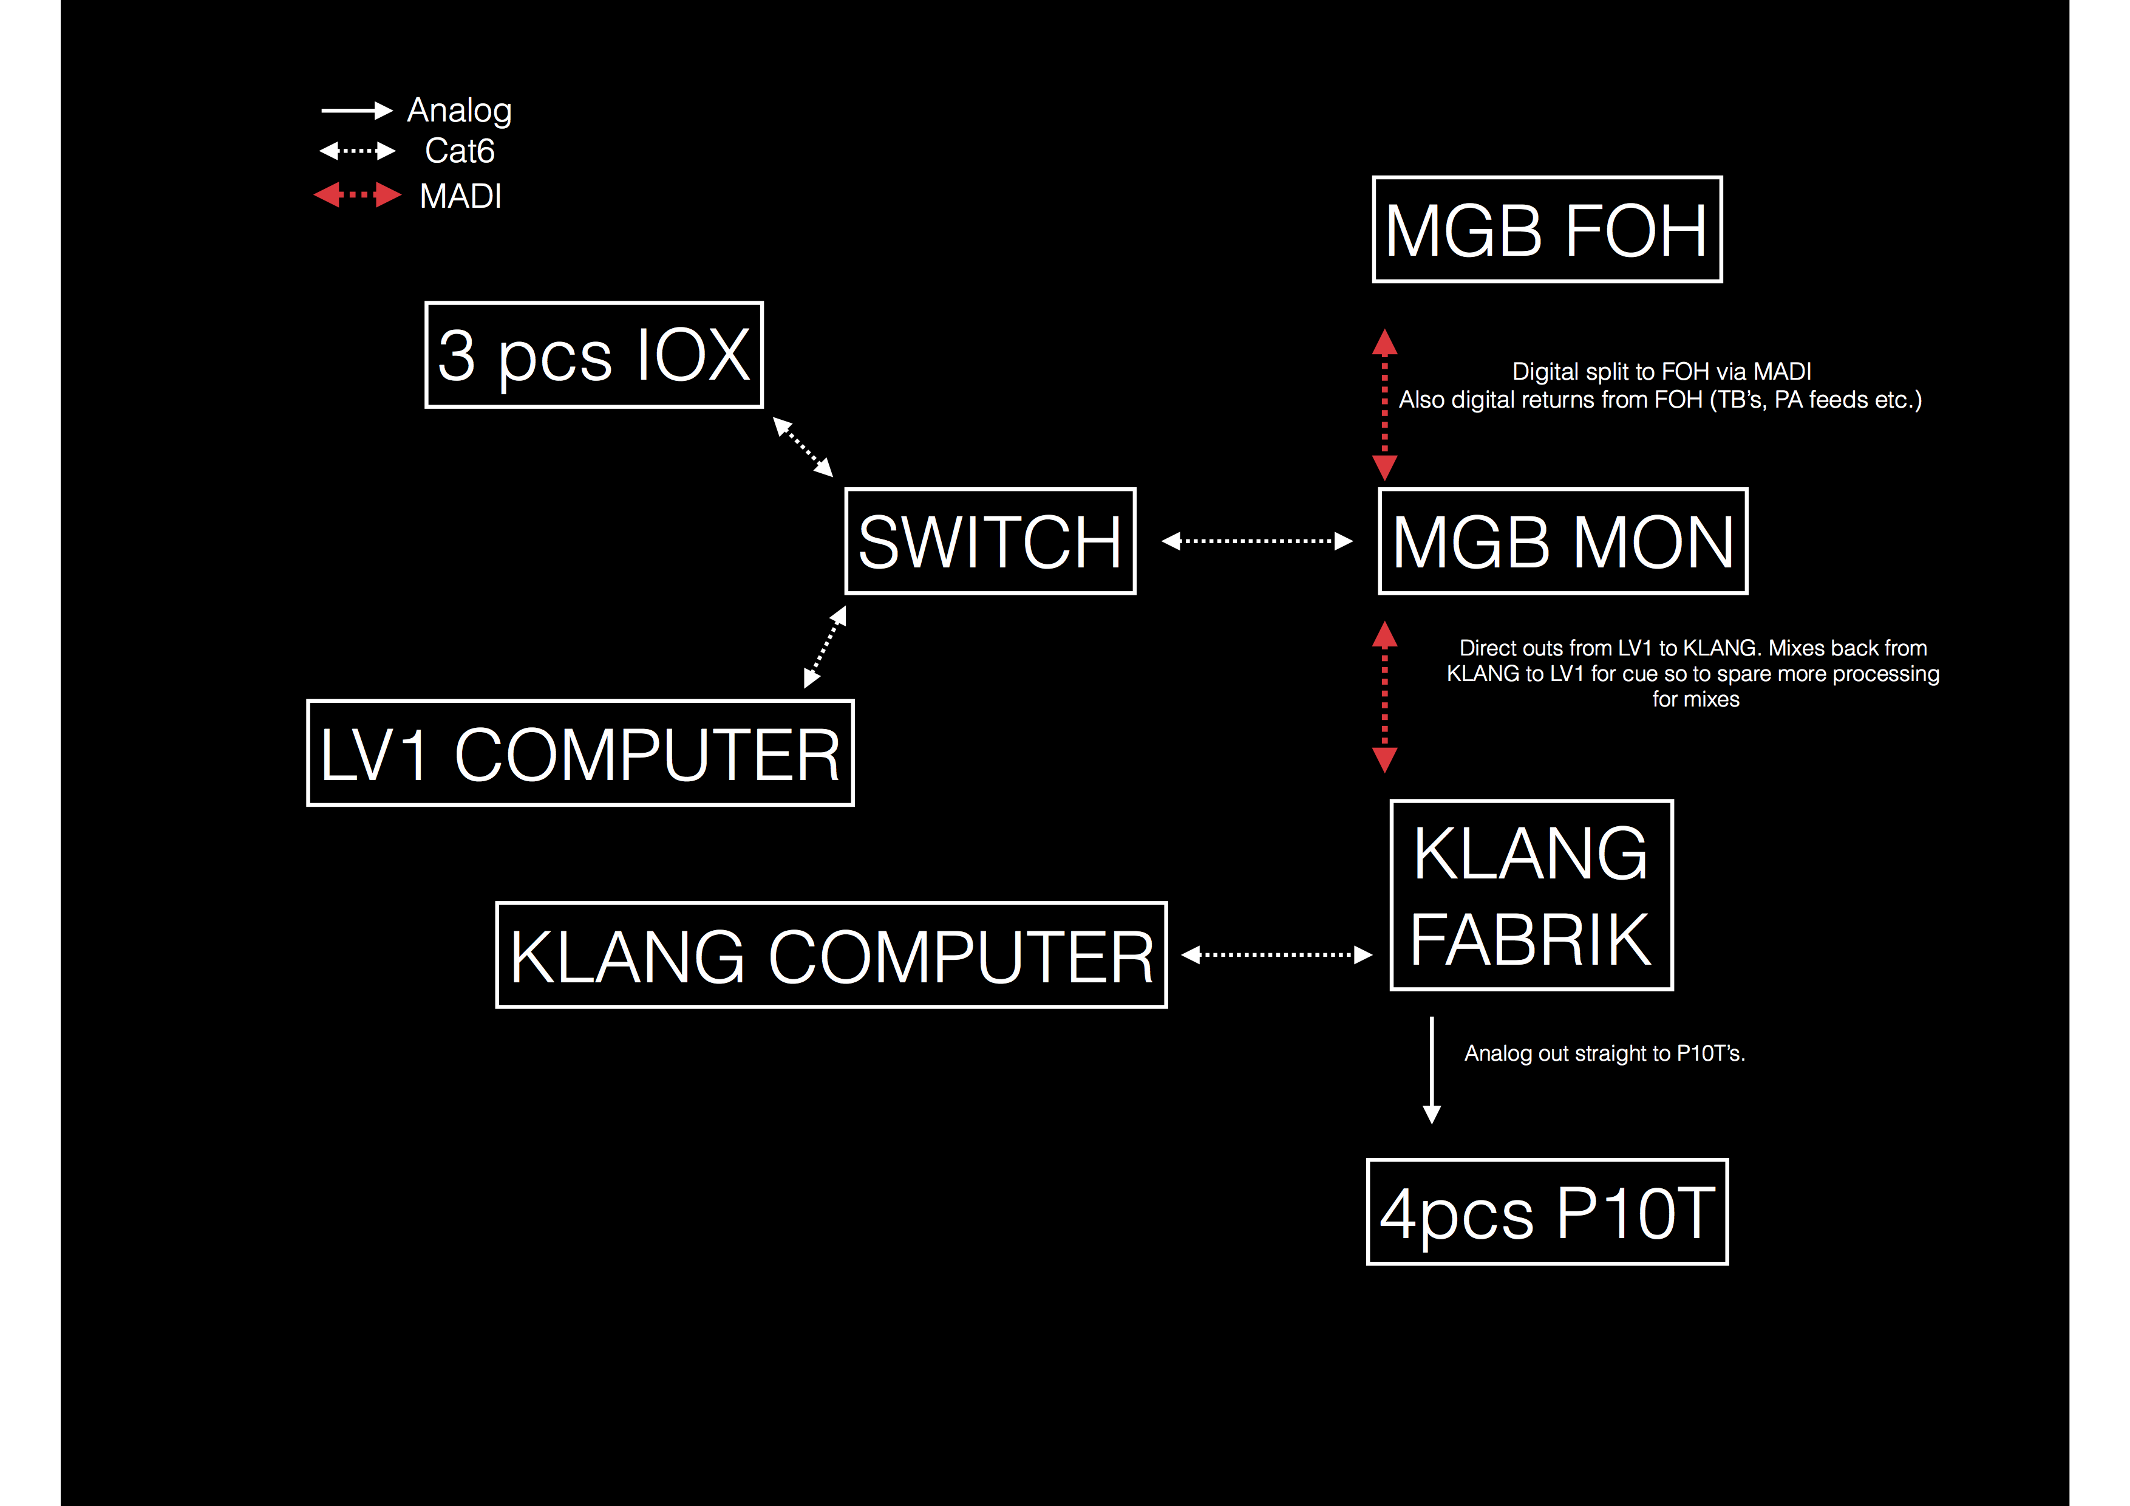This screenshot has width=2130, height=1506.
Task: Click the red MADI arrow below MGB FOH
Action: point(1385,405)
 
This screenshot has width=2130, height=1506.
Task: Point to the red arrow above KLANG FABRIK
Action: point(1385,697)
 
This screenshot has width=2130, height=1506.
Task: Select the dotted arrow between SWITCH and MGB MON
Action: point(1257,541)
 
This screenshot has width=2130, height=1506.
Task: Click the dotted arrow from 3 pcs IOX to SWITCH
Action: point(803,447)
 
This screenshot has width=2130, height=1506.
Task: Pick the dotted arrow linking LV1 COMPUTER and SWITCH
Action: point(825,647)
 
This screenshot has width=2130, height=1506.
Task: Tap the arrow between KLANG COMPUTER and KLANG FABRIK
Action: point(1276,955)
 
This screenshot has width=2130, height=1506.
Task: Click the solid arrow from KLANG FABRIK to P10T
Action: point(1432,1070)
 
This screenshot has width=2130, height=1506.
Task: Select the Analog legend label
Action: point(459,111)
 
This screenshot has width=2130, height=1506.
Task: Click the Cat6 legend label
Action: point(459,150)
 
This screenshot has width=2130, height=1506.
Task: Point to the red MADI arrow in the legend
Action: point(357,195)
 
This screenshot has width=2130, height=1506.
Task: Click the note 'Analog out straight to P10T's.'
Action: point(1605,1053)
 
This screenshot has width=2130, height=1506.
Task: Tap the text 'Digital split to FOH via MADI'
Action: point(1661,371)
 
